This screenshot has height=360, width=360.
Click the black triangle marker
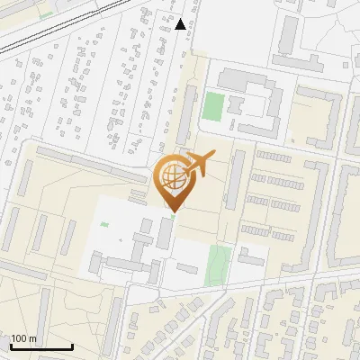coord(181,24)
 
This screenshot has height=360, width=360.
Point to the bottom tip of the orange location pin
coord(172,211)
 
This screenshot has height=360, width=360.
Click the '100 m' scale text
coord(23,338)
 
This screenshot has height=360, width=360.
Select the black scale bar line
coord(41,346)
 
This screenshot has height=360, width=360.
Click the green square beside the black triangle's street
coord(212,106)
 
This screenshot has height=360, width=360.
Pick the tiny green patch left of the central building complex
coord(104,224)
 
